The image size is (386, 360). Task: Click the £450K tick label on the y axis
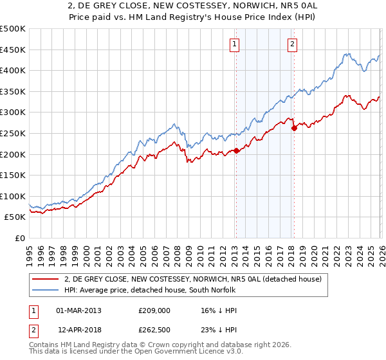pos(13,50)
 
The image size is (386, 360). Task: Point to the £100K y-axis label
pos(13,196)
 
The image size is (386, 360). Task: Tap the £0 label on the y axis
pos(19,238)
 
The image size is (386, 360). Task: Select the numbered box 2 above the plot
pos(292,44)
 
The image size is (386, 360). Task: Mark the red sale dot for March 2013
pos(235,150)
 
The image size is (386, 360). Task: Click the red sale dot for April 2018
pos(294,128)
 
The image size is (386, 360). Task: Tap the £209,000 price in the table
pos(155,310)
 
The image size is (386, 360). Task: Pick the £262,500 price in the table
pos(155,332)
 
